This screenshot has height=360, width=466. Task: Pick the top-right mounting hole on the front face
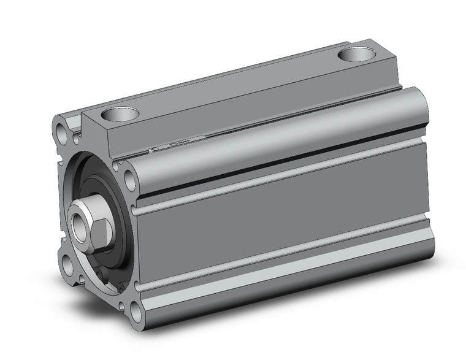coord(130,180)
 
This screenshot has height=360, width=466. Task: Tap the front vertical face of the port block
coord(96,132)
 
